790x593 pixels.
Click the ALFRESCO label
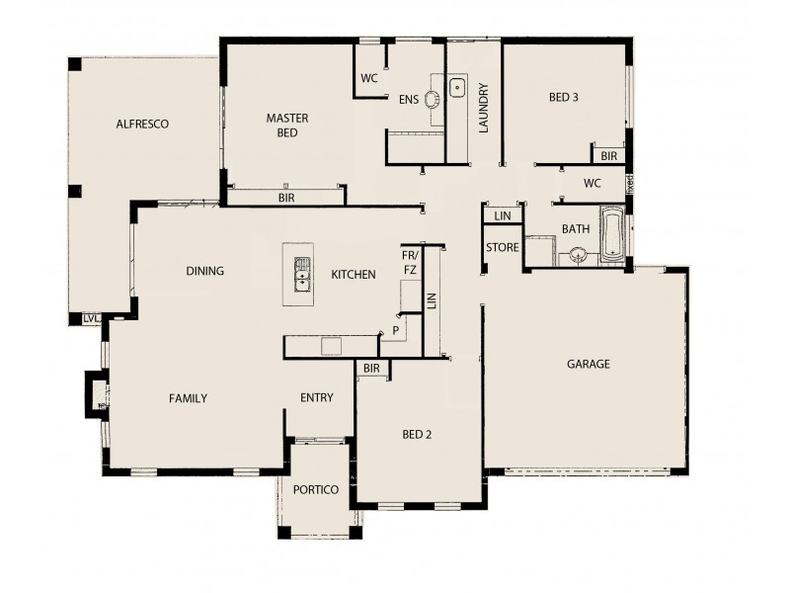tap(143, 125)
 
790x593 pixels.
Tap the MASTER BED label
tap(287, 126)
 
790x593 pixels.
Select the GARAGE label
tap(589, 364)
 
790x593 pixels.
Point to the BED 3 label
tap(563, 97)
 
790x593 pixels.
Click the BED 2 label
tap(417, 434)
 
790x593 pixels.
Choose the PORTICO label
tap(316, 490)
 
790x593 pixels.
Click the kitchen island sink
tap(301, 275)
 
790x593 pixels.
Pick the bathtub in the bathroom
tap(612, 236)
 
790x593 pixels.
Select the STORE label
tap(502, 247)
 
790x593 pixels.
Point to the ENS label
tap(409, 100)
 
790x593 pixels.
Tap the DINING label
tap(204, 271)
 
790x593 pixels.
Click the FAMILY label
tap(188, 399)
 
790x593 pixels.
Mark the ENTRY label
tap(317, 398)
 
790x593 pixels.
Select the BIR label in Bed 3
tap(608, 156)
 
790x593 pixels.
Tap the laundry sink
tap(458, 89)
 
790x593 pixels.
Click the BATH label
tap(576, 229)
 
